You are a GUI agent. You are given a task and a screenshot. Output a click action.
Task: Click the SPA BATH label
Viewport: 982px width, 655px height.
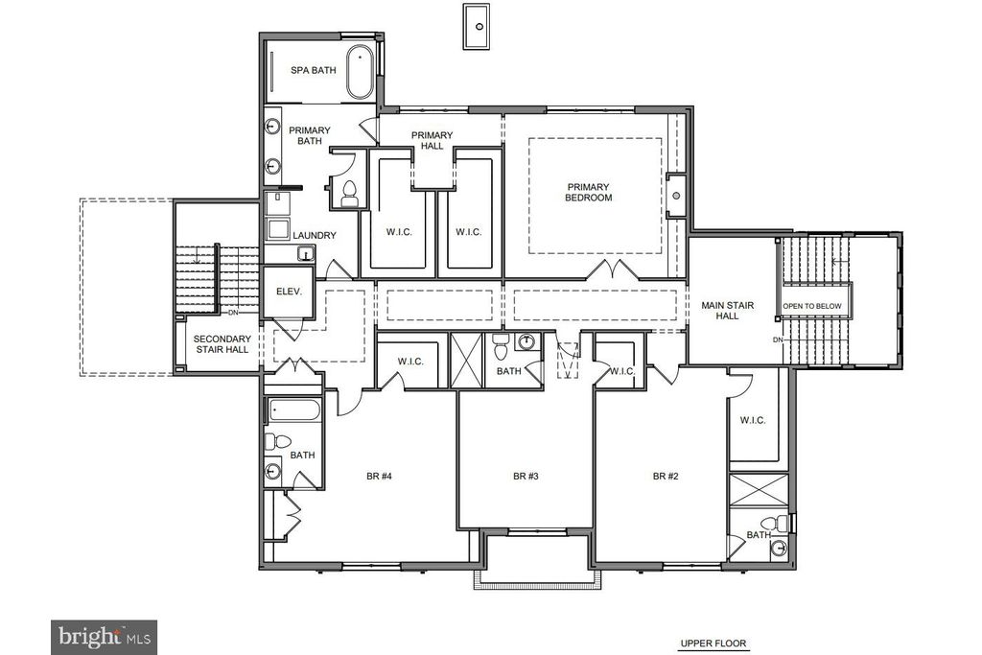[x=314, y=70]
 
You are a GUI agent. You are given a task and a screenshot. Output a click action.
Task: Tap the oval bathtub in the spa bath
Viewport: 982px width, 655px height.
[x=360, y=72]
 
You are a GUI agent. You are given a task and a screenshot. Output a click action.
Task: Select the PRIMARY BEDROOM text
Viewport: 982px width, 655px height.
[x=588, y=192]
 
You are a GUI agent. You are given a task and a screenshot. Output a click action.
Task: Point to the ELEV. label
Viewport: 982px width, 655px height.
[x=289, y=292]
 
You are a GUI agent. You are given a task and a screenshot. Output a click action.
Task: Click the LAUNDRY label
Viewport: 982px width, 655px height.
[x=315, y=236]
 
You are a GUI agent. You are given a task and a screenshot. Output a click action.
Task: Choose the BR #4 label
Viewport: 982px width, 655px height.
[x=379, y=476]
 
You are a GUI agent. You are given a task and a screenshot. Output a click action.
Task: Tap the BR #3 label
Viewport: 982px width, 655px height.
[x=526, y=476]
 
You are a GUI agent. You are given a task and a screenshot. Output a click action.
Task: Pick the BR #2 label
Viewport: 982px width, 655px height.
[x=666, y=476]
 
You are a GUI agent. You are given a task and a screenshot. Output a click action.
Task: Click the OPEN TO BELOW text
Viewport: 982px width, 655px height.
[x=811, y=306]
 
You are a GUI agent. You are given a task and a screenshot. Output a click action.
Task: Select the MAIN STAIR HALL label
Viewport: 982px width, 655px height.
[x=727, y=311]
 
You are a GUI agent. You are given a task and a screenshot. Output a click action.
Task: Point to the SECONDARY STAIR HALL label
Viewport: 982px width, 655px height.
[x=222, y=343]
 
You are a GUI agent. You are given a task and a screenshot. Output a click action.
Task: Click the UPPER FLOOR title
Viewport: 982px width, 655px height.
[x=713, y=643]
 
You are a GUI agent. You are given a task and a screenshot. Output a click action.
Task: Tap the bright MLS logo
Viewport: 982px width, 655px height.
[x=104, y=638]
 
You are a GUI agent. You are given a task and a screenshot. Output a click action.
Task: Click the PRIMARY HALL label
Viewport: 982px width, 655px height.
[x=433, y=140]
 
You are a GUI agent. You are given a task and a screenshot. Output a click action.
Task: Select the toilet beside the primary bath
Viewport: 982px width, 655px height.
[x=349, y=194]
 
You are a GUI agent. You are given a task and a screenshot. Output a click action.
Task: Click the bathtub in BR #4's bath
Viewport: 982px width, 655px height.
[x=294, y=410]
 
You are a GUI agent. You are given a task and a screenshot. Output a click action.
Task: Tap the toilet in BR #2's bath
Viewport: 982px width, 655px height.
[x=775, y=523]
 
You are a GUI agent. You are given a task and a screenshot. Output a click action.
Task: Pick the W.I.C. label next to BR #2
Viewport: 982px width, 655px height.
[x=753, y=420]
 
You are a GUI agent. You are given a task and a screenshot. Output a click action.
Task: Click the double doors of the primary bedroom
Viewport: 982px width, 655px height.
[x=613, y=269]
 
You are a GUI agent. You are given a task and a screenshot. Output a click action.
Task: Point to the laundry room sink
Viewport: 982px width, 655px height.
[x=306, y=253]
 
